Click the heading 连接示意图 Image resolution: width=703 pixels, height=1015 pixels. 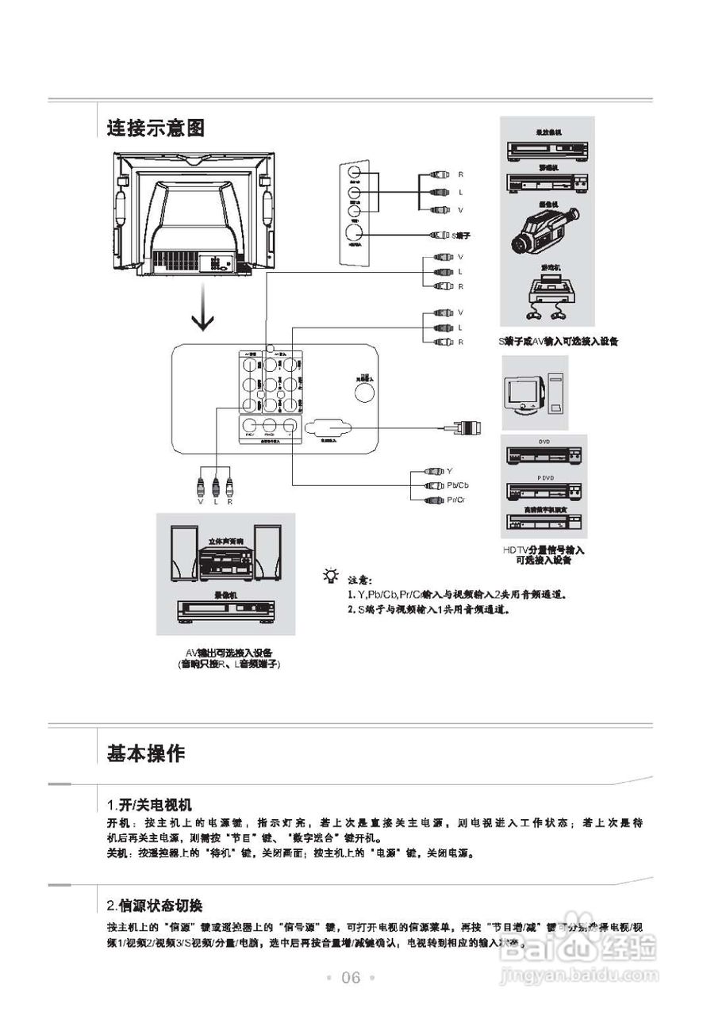(156, 127)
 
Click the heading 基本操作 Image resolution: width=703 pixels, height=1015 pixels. (146, 753)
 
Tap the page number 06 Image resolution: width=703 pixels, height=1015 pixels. (351, 978)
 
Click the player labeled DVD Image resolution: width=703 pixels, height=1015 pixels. (544, 458)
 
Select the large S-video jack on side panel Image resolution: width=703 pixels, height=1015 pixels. (355, 232)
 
